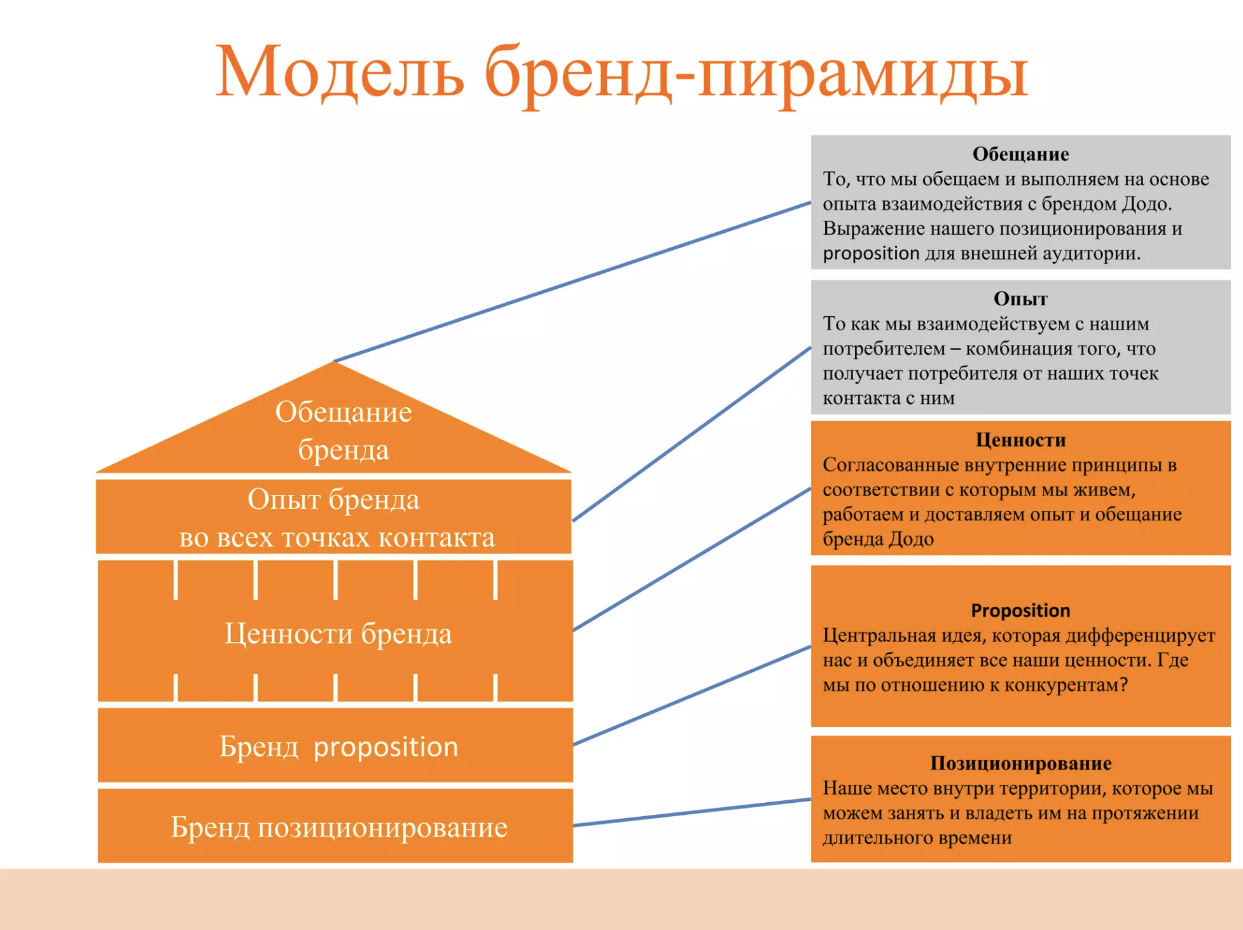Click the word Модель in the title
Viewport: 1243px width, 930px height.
[339, 71]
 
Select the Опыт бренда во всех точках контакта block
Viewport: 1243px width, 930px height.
[334, 517]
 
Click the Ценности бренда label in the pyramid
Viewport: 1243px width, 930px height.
[338, 634]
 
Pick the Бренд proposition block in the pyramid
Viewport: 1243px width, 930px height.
[335, 745]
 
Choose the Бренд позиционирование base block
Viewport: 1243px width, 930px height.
[335, 826]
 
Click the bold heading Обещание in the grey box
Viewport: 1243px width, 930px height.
[1020, 154]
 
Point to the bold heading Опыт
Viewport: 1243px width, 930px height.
[1020, 299]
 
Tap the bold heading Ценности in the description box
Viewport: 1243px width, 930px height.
[1020, 440]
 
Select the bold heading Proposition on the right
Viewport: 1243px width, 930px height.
[1020, 611]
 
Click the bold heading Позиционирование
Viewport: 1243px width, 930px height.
[1020, 763]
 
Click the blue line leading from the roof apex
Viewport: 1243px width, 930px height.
[573, 282]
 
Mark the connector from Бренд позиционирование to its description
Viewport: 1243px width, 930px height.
[692, 812]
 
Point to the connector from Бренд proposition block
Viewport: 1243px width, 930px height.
[692, 695]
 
